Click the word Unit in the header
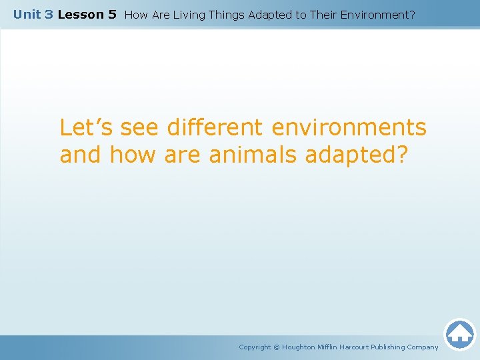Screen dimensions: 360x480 pos(27,14)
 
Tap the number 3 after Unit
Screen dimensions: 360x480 pos(49,14)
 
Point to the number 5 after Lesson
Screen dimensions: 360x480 pos(112,14)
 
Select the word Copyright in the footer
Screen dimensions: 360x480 pos(255,347)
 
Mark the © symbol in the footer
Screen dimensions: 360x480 pos(277,347)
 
